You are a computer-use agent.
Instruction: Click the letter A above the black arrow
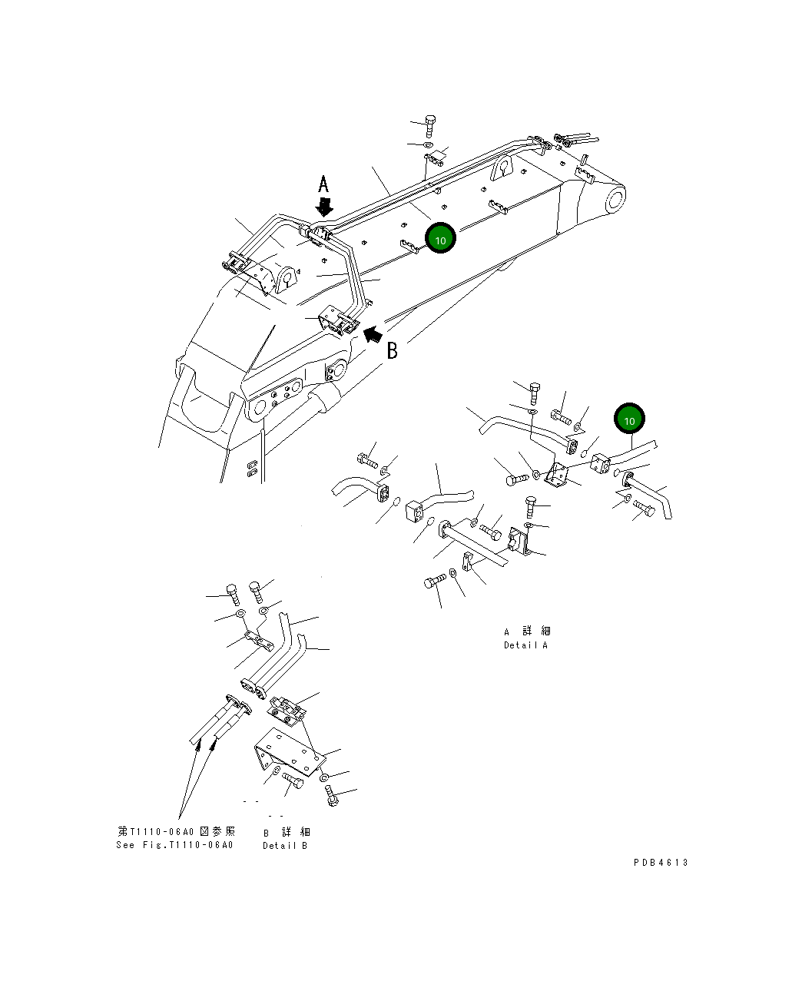(x=324, y=184)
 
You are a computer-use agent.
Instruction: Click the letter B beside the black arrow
(x=392, y=351)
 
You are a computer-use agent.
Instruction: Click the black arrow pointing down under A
(x=325, y=206)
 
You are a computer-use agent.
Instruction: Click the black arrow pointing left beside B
(x=373, y=333)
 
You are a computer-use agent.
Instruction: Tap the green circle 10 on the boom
(x=440, y=239)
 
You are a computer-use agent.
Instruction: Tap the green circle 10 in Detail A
(x=629, y=419)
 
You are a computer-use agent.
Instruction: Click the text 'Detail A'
(x=525, y=645)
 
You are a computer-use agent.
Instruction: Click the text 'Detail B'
(x=285, y=845)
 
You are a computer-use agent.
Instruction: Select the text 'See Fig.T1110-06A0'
(x=174, y=845)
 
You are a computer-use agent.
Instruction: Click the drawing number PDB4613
(x=661, y=862)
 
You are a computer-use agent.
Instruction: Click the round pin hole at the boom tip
(x=615, y=201)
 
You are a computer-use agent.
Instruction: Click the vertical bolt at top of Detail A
(x=535, y=393)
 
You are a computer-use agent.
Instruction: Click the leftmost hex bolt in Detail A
(x=366, y=462)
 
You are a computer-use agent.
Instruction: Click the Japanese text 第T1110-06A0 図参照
(x=176, y=831)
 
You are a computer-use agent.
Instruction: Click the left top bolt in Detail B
(x=231, y=592)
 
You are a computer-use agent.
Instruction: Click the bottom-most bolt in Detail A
(x=434, y=582)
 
